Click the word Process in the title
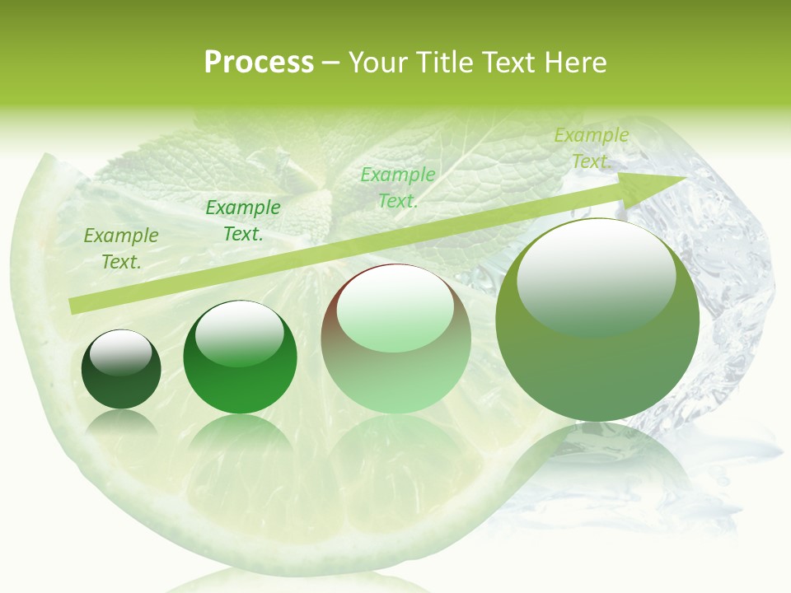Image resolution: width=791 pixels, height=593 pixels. click(259, 63)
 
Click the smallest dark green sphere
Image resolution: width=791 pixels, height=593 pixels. click(121, 369)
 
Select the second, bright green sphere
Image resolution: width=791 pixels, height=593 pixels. click(240, 358)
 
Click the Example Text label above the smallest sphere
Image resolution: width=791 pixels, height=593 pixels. click(121, 248)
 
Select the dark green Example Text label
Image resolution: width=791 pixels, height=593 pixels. click(243, 221)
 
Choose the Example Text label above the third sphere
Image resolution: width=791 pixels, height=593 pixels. click(398, 187)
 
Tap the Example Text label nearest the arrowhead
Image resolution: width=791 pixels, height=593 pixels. click(591, 148)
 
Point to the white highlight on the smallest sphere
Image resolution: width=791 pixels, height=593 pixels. click(121, 352)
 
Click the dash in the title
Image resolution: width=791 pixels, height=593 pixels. click(331, 63)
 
